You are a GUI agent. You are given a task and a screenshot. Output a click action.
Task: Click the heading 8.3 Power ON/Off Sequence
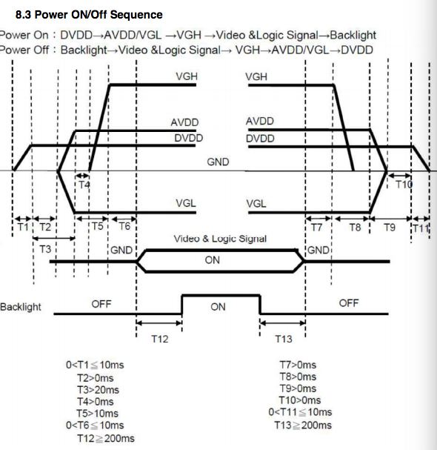(x=89, y=15)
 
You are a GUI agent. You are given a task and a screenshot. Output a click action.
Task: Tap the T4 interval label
(x=84, y=185)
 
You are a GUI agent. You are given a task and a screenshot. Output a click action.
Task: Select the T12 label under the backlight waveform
(x=160, y=339)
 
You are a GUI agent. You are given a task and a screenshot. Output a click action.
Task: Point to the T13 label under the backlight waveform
(x=284, y=339)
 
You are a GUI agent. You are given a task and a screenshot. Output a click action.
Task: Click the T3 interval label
(x=45, y=249)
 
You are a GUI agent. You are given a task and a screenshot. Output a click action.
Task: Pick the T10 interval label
(x=404, y=185)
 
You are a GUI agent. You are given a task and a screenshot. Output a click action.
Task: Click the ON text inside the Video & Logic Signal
(x=212, y=260)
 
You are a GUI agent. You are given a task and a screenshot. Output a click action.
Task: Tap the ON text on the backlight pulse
(x=218, y=307)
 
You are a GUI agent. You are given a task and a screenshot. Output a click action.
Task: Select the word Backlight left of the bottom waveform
(x=20, y=307)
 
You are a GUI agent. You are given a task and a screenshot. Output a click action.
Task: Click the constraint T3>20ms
(x=98, y=390)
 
